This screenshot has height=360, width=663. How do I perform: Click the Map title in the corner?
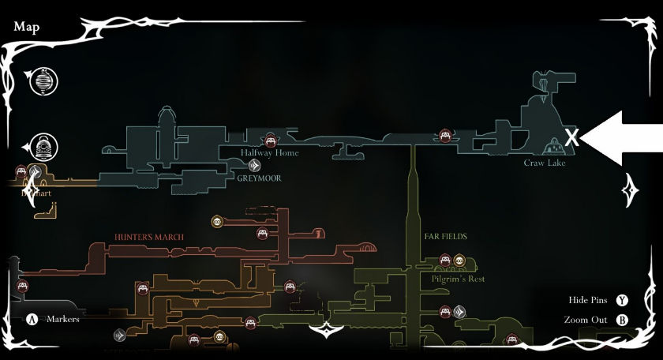[26, 27]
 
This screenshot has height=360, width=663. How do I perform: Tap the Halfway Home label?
[270, 152]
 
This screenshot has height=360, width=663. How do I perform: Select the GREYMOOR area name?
[259, 178]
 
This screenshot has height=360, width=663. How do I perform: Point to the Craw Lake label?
[545, 163]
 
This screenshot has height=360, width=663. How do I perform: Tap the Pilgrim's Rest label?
[458, 279]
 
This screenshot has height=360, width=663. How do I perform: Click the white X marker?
[572, 138]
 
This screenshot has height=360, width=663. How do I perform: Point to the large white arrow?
[624, 138]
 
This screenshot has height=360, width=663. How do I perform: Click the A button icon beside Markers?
[32, 320]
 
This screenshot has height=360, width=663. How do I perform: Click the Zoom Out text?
[586, 320]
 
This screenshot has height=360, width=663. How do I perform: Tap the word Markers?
[62, 320]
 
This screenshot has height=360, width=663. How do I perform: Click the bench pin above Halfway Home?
[270, 139]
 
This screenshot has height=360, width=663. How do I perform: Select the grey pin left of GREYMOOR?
[255, 166]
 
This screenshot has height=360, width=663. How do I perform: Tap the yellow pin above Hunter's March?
[217, 222]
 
